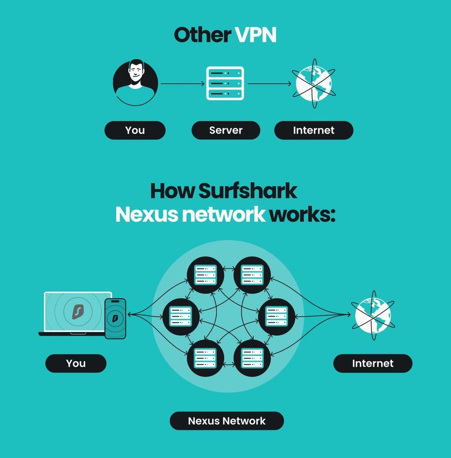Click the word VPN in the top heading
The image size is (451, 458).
(255, 35)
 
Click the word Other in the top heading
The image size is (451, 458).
(202, 35)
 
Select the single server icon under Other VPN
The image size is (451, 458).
(225, 83)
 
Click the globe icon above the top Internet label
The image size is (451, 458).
(313, 84)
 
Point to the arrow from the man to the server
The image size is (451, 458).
(182, 84)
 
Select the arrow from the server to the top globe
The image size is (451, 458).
(270, 84)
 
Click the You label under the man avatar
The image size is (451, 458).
(135, 130)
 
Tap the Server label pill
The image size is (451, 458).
(225, 130)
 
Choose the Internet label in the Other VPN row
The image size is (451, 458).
(313, 130)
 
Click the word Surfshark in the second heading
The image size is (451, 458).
(248, 191)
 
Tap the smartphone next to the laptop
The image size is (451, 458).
(115, 319)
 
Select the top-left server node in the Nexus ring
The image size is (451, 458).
(205, 275)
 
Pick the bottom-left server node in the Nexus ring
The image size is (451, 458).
(205, 358)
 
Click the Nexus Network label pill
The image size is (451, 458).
(226, 421)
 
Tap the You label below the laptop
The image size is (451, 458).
(75, 363)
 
